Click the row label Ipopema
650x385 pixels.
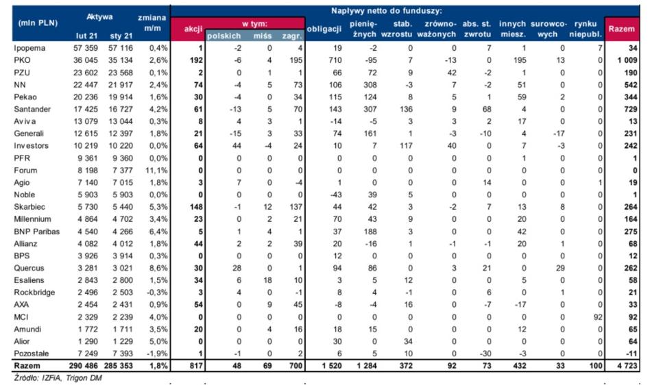coord(29,49)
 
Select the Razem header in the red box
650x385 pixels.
coord(621,29)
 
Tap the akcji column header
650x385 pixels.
coord(193,29)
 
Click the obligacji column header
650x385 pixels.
coord(324,29)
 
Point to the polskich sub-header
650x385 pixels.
coord(224,36)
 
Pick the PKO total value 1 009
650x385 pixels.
coord(627,60)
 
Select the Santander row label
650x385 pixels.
coord(32,110)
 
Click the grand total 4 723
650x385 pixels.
coord(627,366)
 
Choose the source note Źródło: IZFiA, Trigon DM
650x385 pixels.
coord(58,378)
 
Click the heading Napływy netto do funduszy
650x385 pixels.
coord(386,11)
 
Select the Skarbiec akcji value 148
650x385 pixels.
coord(196,207)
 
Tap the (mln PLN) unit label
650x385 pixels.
coord(38,23)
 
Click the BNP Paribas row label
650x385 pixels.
coord(37,232)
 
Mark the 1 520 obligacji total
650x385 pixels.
coord(332,366)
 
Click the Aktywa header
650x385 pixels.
coord(99,17)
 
